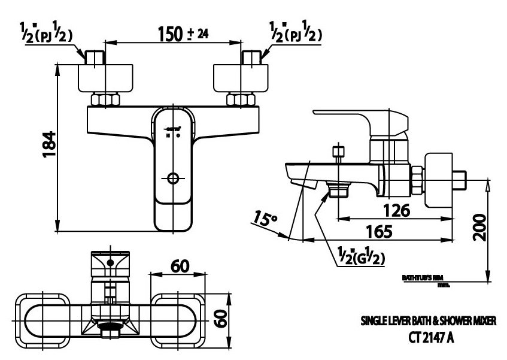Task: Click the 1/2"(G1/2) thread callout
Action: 359,257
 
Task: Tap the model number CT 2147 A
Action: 431,338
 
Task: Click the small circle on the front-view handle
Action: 174,178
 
